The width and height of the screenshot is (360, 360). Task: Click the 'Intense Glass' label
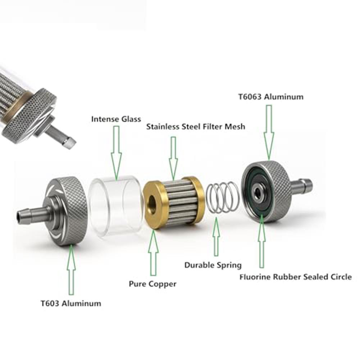pos(116,119)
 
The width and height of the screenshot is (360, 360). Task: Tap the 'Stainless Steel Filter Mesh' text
pos(196,127)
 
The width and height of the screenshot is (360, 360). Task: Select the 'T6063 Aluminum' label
pos(271,97)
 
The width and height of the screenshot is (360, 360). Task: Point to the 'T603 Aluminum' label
pos(71,303)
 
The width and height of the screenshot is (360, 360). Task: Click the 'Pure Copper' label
pos(153,284)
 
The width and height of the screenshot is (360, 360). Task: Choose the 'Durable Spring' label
pos(213,265)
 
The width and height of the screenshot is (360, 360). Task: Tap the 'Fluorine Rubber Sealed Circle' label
pos(296,277)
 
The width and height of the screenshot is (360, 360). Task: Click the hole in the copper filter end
pos(152,202)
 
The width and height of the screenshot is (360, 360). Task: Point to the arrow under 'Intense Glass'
pos(117,153)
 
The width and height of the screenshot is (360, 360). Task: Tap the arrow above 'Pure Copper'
pos(153,253)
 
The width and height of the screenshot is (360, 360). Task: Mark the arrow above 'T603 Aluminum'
pos(72,270)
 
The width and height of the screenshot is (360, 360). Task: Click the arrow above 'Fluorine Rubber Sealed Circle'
pos(261,241)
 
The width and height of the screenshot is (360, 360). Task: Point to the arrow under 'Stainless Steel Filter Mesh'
pos(173,158)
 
